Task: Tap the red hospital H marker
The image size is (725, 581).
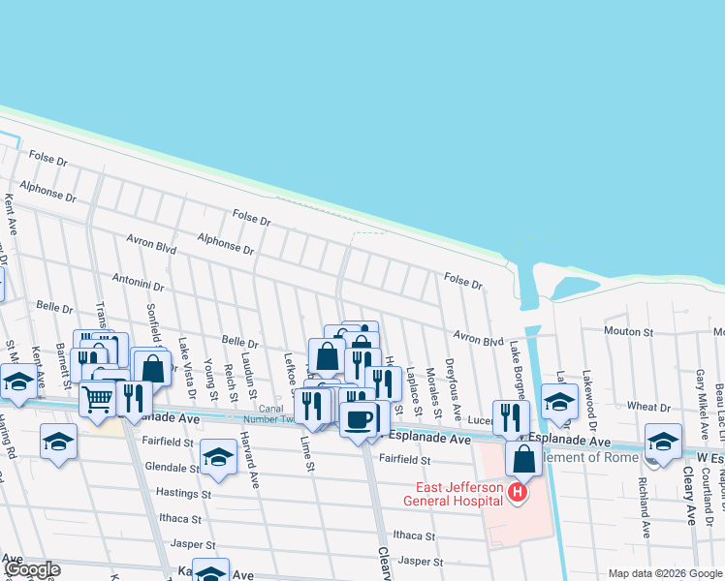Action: click(x=518, y=494)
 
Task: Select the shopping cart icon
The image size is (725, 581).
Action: click(x=97, y=397)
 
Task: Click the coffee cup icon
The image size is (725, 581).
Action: click(x=358, y=419)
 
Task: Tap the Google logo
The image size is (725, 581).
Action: click(x=31, y=569)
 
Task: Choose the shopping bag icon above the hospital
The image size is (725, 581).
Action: click(x=523, y=459)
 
